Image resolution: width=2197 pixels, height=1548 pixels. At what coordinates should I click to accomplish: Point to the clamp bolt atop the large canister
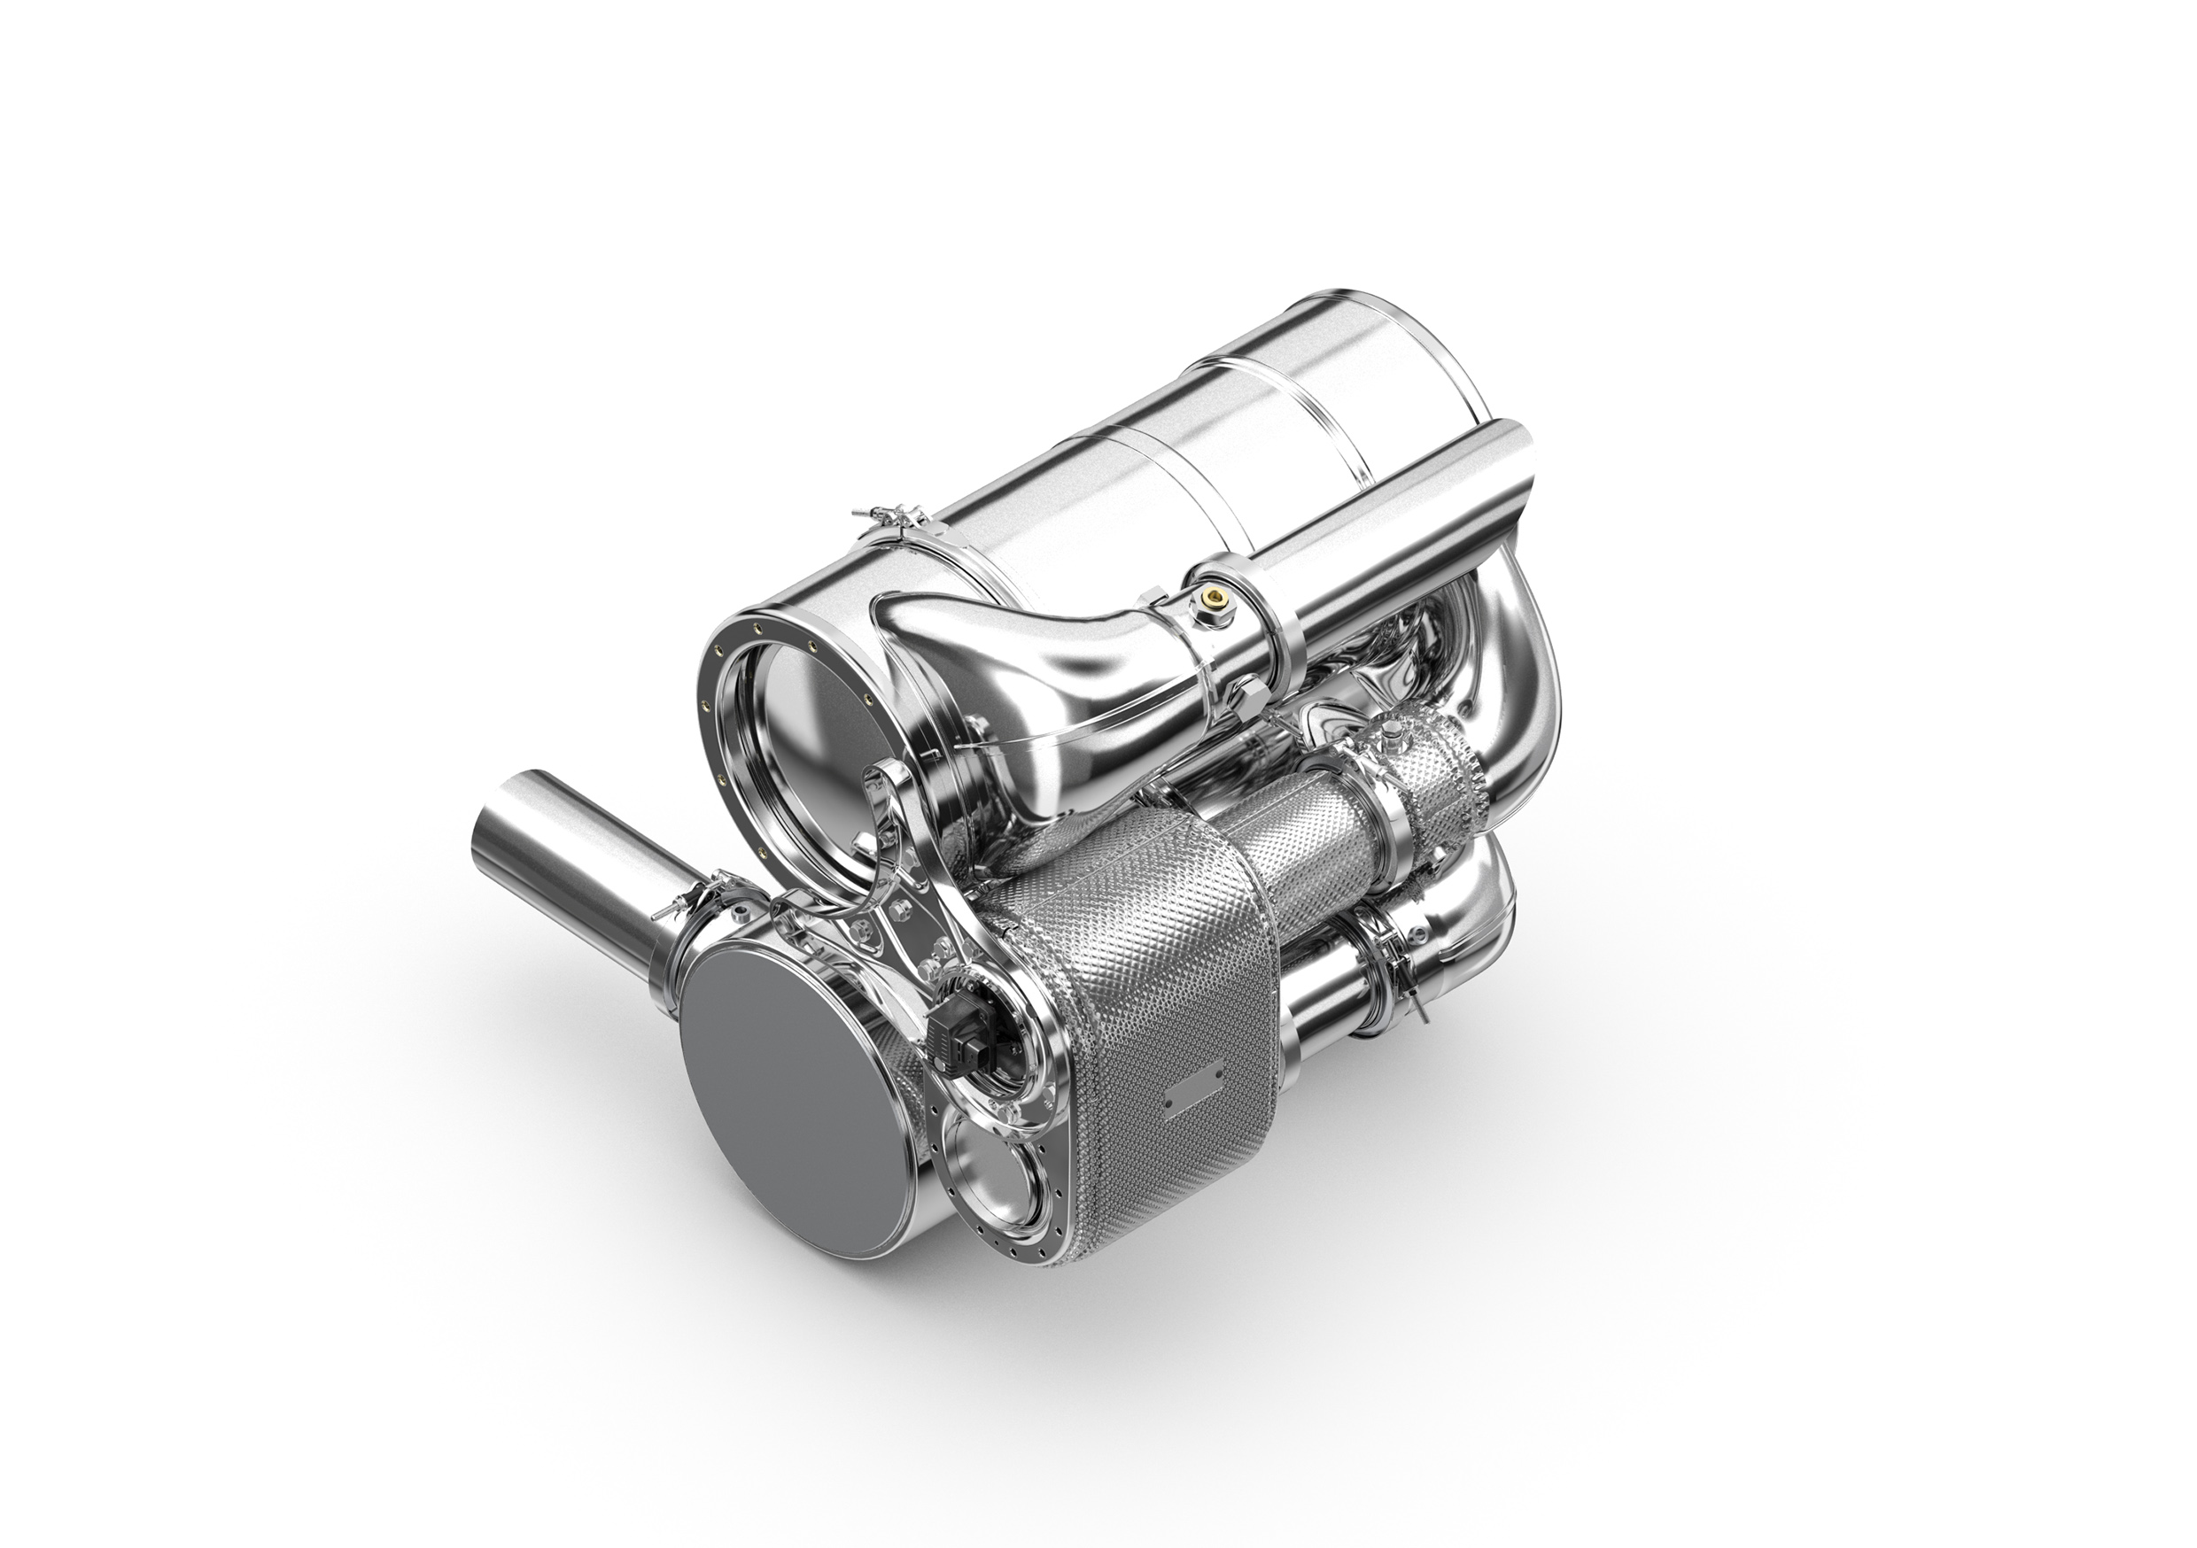click(x=887, y=521)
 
